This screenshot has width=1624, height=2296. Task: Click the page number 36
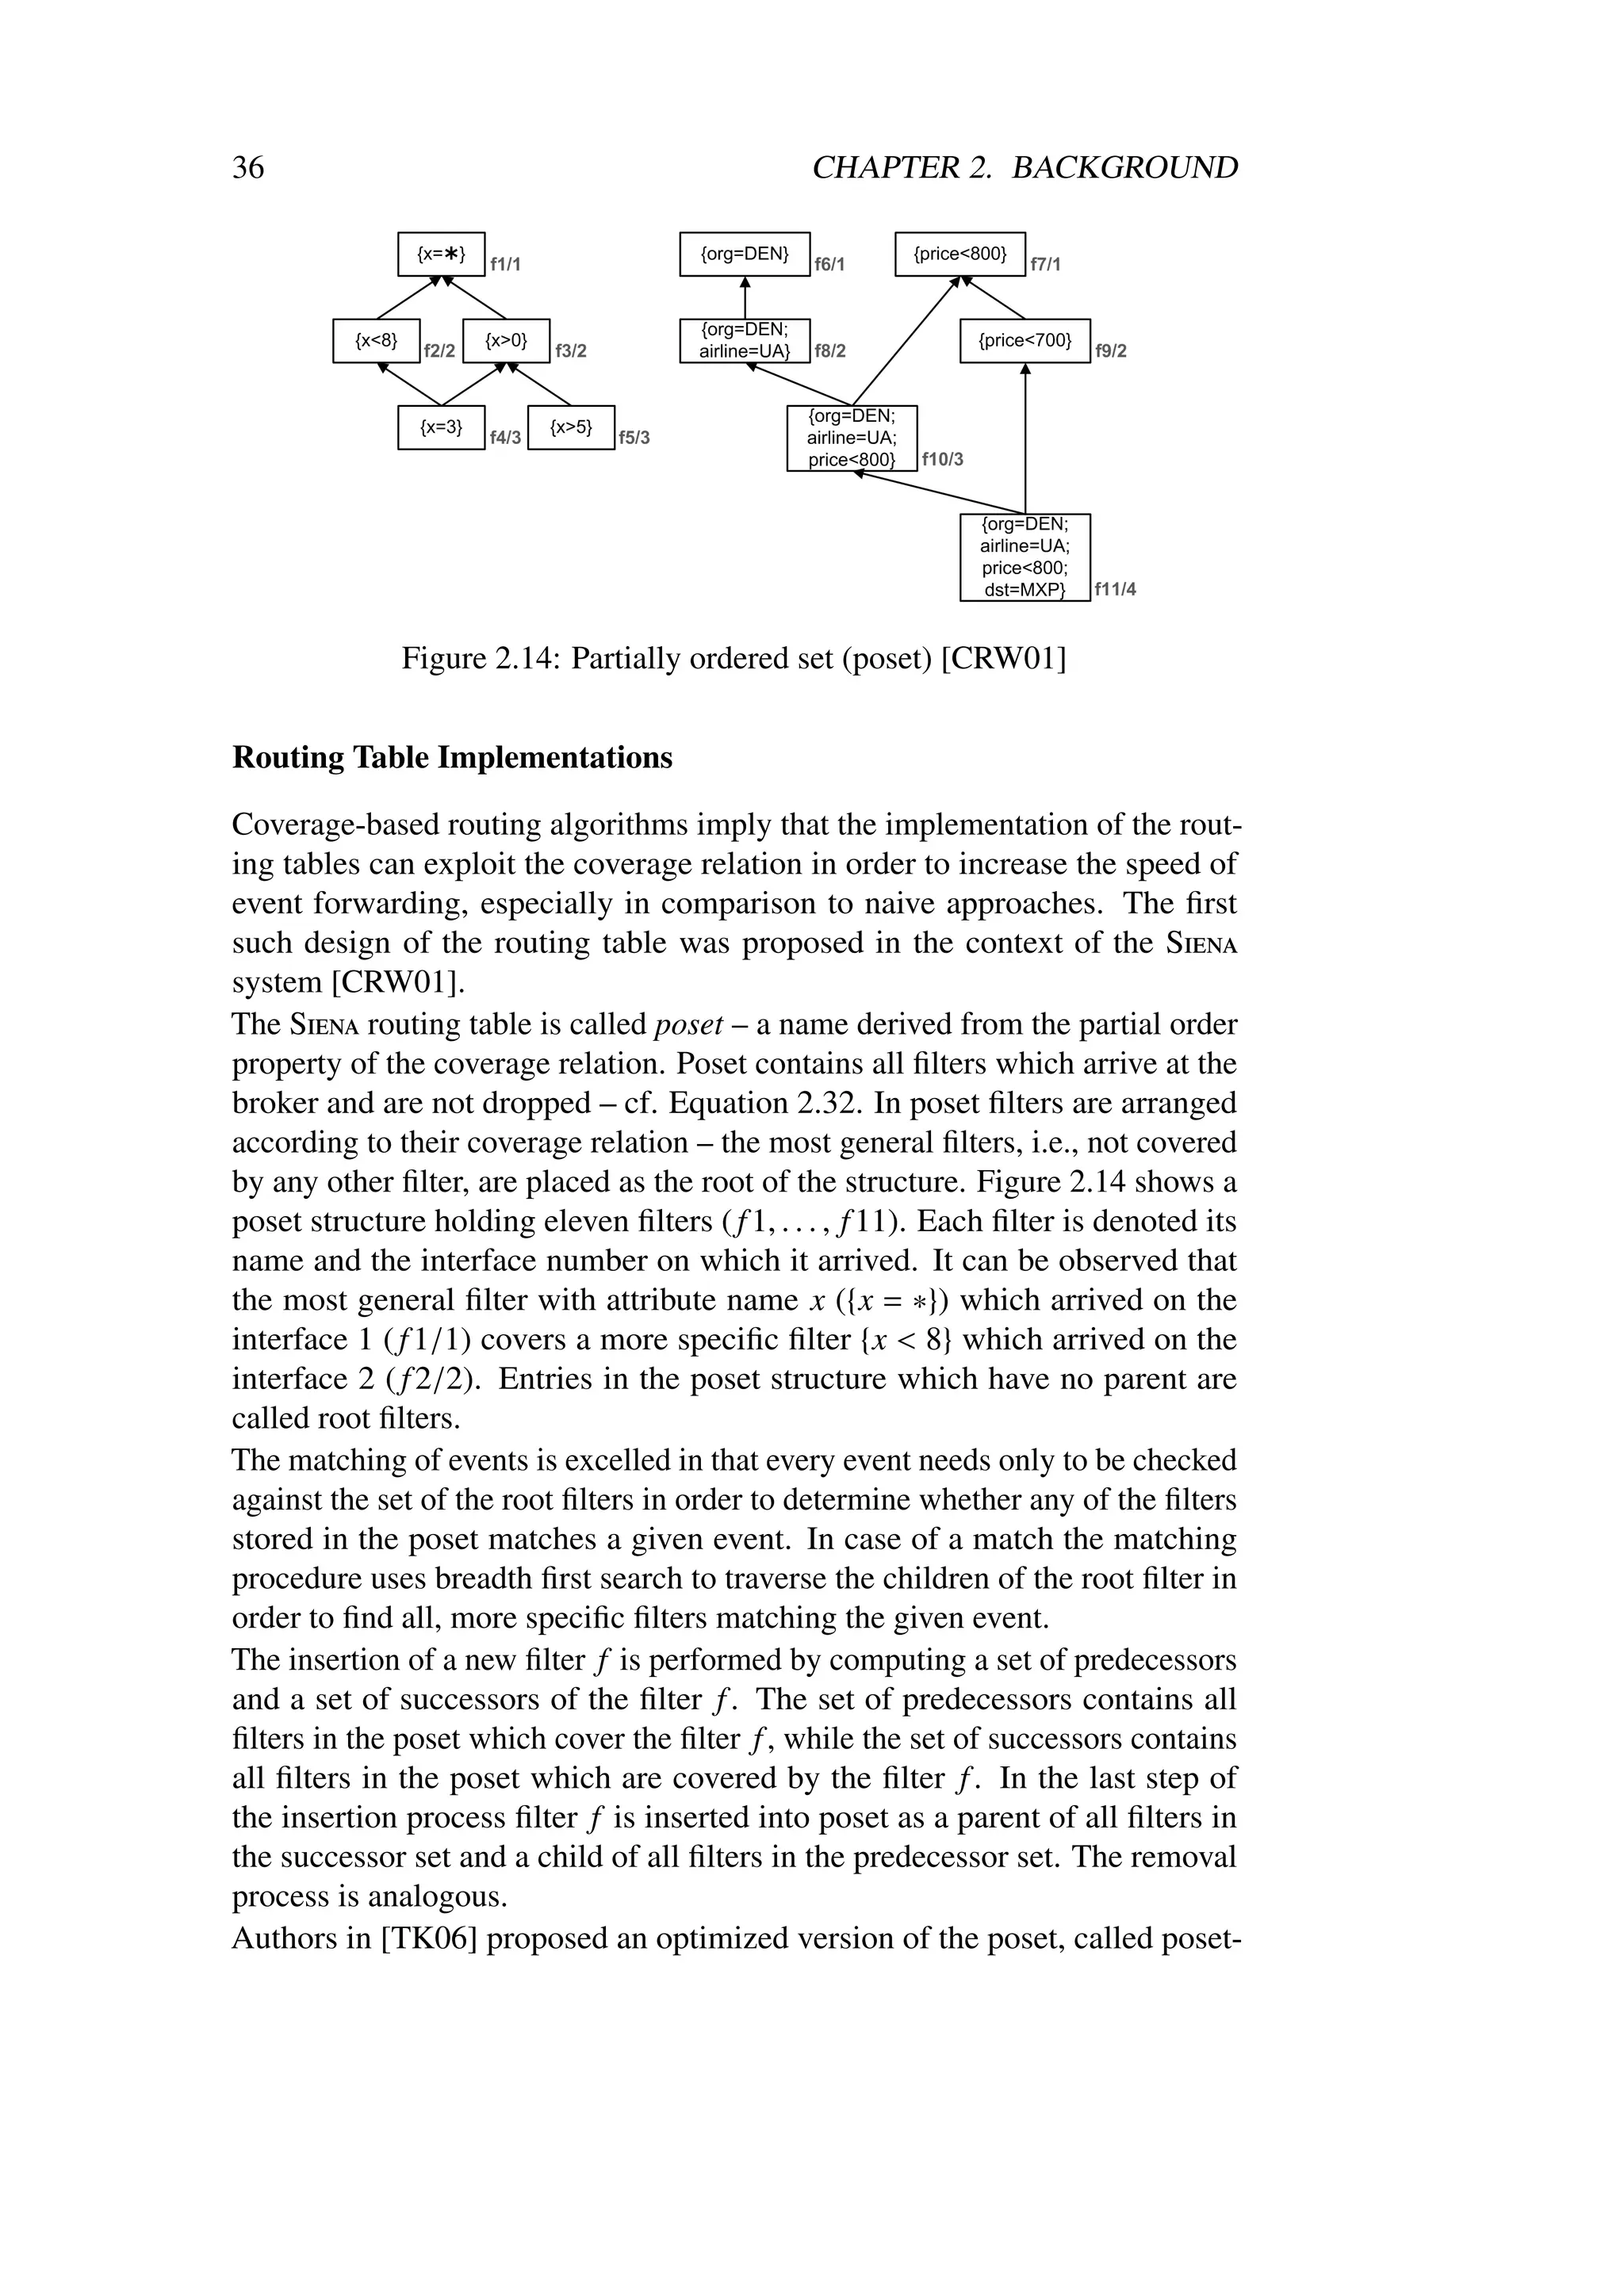248,167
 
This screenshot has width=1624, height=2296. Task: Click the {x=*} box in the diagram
441,254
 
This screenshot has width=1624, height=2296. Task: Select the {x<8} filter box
376,341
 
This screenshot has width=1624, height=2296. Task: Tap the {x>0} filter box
506,341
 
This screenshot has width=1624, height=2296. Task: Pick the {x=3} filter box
441,428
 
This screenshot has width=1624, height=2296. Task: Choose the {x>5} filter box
571,428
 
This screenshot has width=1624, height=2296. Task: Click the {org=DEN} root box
745,254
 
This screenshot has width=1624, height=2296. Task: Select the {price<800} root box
960,254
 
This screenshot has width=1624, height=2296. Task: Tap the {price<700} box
1025,341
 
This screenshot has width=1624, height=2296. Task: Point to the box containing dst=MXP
1025,557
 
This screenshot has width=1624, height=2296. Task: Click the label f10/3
942,460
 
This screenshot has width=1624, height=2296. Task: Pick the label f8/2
830,351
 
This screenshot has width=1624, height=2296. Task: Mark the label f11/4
1115,589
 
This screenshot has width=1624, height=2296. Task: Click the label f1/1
505,265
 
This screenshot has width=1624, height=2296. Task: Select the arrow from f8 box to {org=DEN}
745,298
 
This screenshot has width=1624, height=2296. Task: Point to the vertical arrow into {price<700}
1025,440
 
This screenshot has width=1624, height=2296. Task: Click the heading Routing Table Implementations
452,757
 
